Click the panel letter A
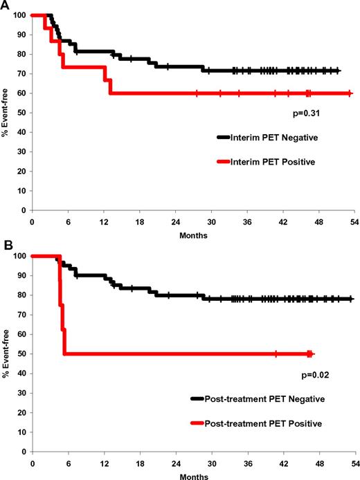[5, 5]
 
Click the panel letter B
[5, 246]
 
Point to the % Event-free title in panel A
[6, 113]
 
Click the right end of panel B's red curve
[312, 353]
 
